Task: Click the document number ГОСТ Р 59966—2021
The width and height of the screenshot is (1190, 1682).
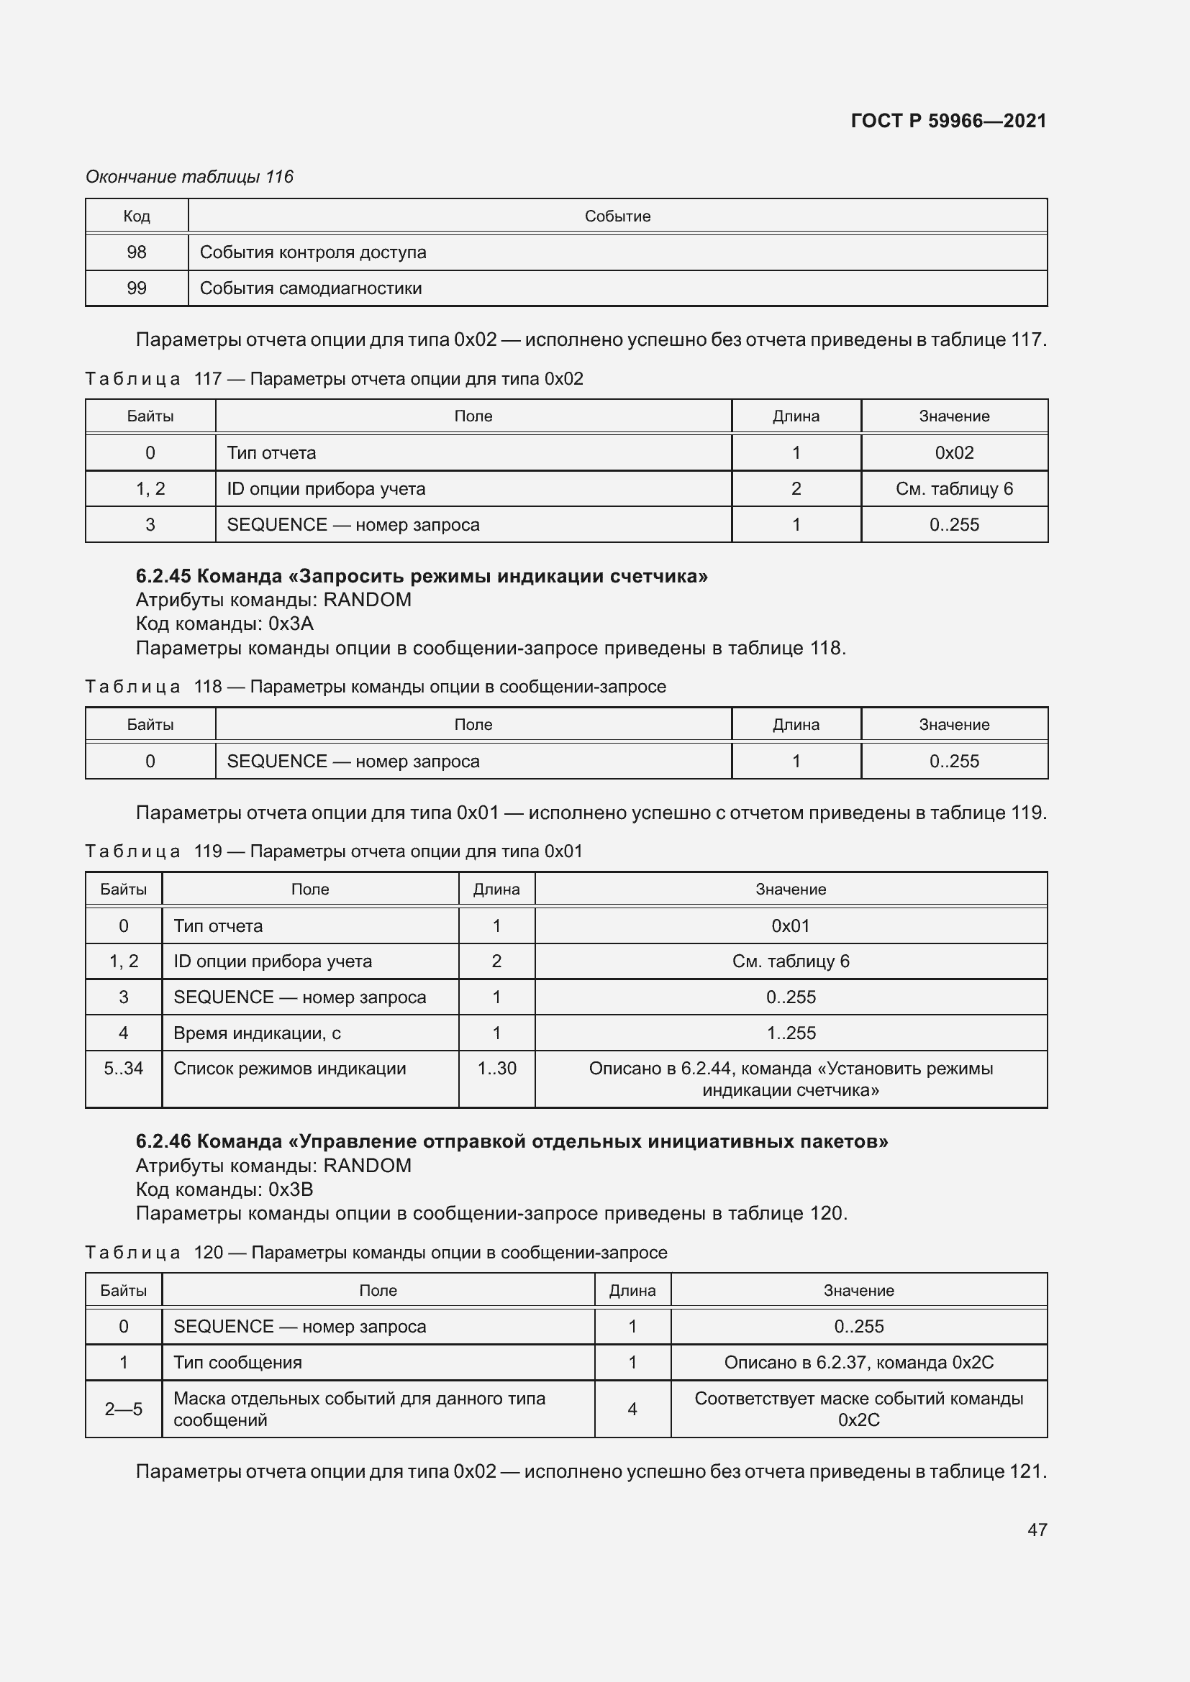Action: (948, 121)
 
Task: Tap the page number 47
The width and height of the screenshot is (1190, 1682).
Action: (1037, 1530)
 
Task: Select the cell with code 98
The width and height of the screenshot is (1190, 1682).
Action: (136, 252)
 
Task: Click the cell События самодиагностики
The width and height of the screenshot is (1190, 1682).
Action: (311, 288)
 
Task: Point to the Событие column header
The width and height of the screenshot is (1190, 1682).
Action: (617, 216)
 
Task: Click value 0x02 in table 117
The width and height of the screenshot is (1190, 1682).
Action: (954, 453)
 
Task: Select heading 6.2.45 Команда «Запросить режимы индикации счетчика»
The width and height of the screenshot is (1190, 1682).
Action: (422, 576)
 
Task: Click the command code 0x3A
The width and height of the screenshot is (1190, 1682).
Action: (291, 623)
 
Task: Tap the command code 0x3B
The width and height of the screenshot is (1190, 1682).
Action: (291, 1189)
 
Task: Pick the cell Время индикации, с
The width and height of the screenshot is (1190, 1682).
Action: (257, 1033)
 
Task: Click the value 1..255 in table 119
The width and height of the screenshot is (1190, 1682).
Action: (791, 1033)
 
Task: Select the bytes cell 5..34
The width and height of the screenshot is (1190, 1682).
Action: (123, 1068)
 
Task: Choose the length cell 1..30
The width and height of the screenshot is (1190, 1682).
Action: (497, 1068)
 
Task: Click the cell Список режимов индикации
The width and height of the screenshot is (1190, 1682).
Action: (289, 1068)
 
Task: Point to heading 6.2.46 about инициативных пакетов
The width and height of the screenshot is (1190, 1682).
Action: (512, 1141)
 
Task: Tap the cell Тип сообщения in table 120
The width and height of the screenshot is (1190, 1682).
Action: (237, 1363)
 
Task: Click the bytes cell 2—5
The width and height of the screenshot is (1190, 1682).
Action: (123, 1409)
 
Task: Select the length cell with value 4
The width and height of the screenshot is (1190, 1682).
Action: (632, 1409)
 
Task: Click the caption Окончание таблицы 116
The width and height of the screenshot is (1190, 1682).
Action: (189, 177)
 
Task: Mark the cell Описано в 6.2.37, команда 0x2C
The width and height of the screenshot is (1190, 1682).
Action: (859, 1363)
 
